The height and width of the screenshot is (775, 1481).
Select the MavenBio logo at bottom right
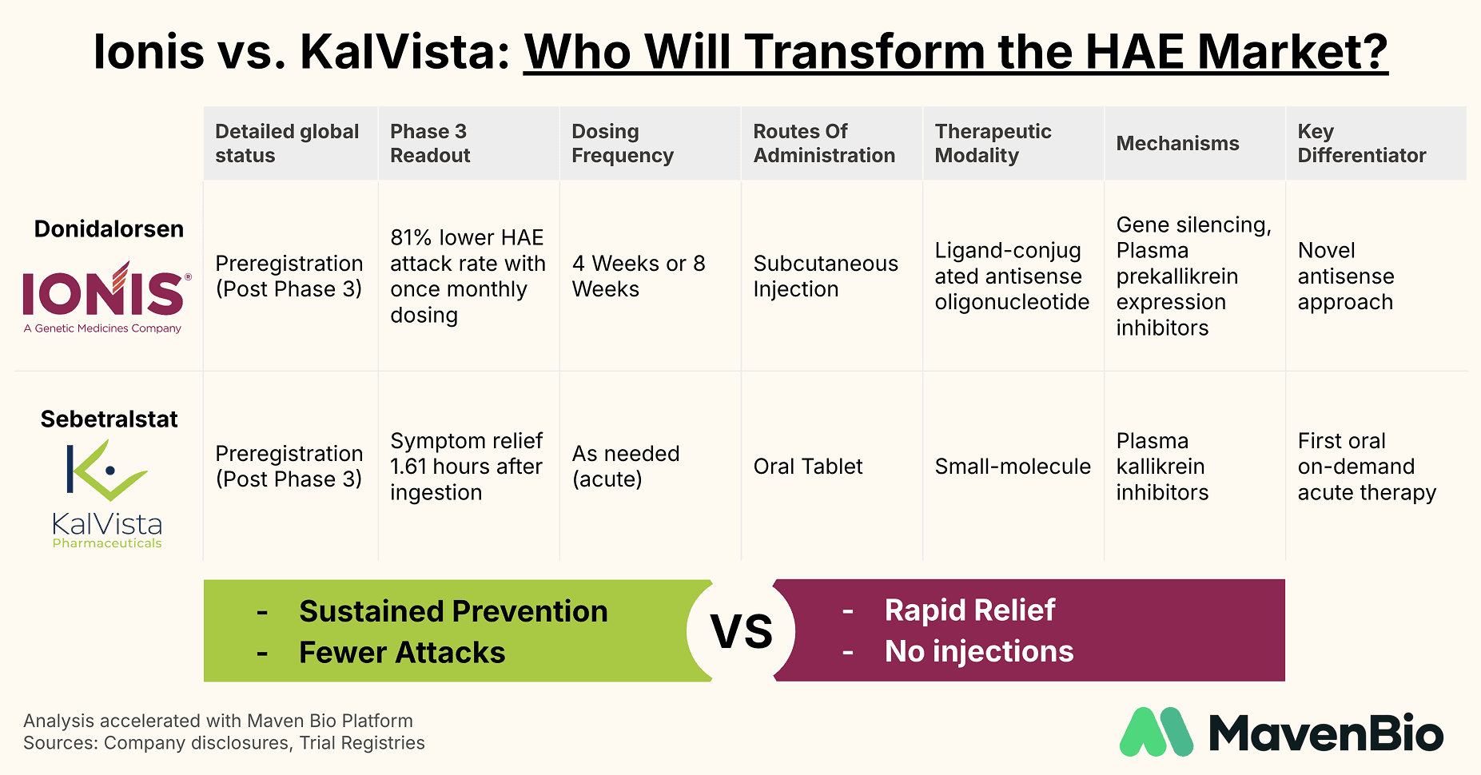[1281, 732]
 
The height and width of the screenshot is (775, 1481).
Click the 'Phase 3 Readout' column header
[429, 143]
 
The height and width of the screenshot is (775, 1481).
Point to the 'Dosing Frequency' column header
[622, 143]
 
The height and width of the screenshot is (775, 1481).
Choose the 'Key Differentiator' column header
[1361, 143]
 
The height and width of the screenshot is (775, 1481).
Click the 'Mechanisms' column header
[1177, 143]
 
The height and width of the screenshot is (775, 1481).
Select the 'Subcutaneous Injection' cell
[825, 276]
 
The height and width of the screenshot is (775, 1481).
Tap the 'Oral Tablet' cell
[807, 467]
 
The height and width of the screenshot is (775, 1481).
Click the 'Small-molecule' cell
[1012, 467]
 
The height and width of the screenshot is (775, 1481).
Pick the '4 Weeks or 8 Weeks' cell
[638, 276]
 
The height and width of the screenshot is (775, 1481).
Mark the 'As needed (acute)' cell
[625, 467]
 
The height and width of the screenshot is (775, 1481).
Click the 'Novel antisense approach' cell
[1345, 276]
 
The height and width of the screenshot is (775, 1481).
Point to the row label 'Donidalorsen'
[109, 229]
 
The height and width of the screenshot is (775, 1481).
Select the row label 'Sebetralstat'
[109, 419]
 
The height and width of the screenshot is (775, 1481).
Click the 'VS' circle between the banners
[742, 631]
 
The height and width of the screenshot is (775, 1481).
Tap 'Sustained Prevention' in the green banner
[453, 611]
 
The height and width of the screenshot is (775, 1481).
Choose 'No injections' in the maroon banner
[978, 652]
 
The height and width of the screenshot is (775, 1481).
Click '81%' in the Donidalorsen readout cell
[412, 238]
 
